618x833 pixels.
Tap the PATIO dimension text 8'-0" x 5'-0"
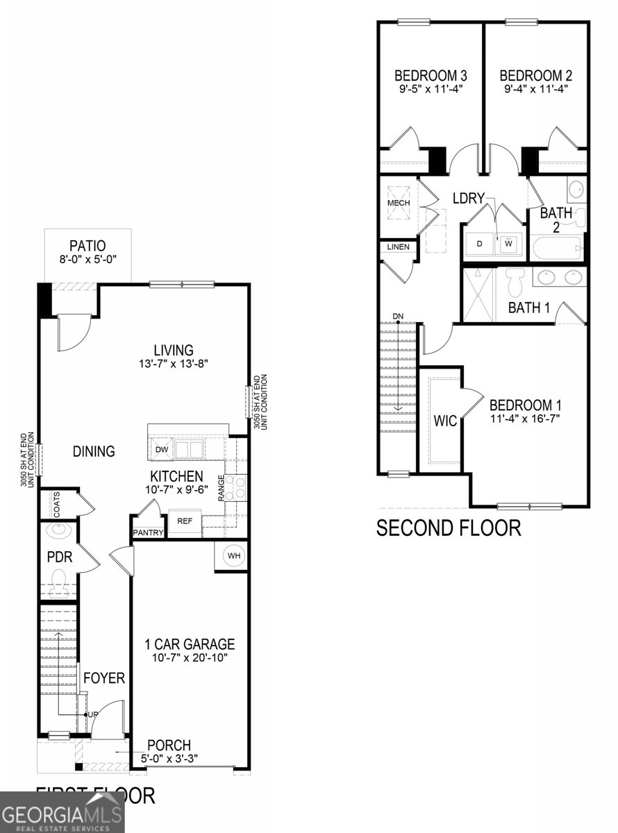pyautogui.click(x=87, y=260)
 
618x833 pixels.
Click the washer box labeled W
pyautogui.click(x=509, y=244)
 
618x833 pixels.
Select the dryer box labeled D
pyautogui.click(x=480, y=244)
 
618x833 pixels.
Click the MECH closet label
pyautogui.click(x=399, y=203)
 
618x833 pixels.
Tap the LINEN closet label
pyautogui.click(x=398, y=246)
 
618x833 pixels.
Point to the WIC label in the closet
pyautogui.click(x=446, y=421)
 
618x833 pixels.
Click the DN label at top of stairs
pyautogui.click(x=398, y=317)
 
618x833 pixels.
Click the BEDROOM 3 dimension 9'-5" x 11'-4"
pyautogui.click(x=430, y=89)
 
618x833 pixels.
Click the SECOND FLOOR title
pyautogui.click(x=448, y=528)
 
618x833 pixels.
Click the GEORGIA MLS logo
pyautogui.click(x=61, y=813)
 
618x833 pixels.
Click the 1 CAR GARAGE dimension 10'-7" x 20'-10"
pyautogui.click(x=190, y=657)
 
